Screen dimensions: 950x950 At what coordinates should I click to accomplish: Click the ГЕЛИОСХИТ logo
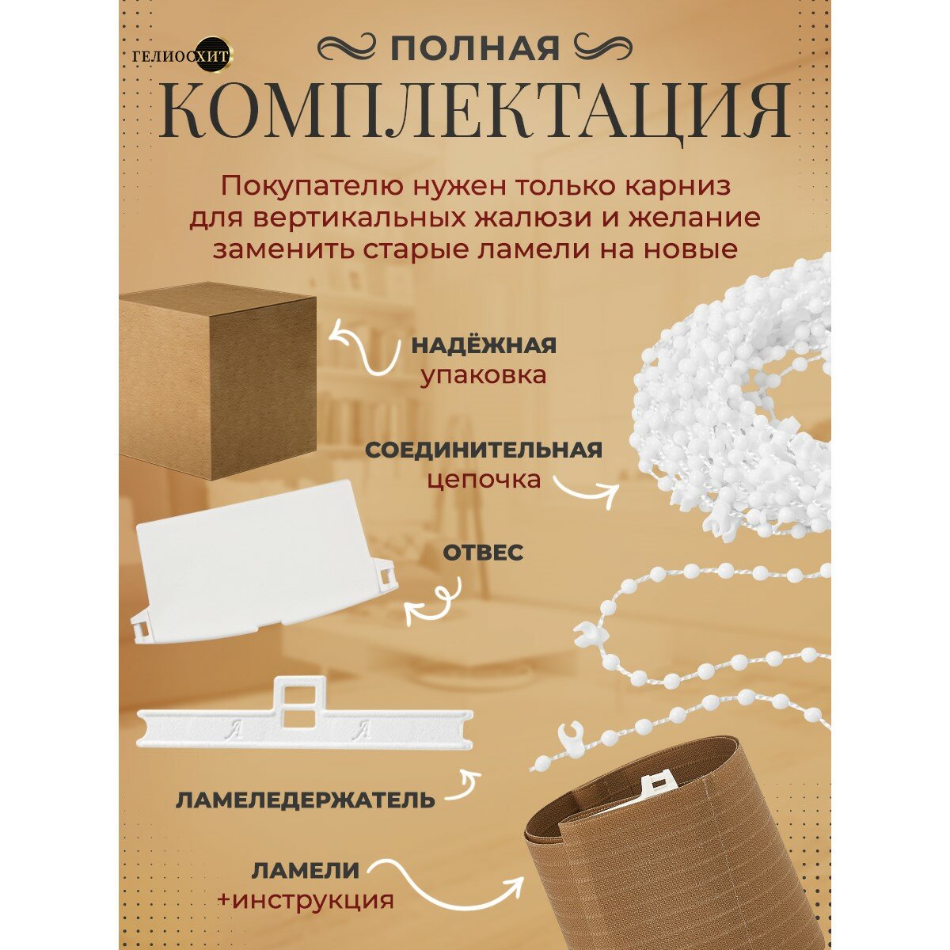(182, 56)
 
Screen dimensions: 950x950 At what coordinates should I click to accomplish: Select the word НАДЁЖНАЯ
(484, 346)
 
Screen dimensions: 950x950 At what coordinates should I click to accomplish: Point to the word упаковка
(483, 376)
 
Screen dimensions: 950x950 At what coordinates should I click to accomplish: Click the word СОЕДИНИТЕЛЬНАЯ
(484, 450)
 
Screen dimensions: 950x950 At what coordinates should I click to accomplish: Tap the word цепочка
(484, 480)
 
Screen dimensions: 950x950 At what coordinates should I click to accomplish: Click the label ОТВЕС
(483, 553)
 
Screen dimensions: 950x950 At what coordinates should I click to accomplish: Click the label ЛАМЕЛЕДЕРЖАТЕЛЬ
(305, 800)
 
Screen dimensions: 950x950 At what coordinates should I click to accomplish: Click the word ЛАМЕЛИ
(306, 871)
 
